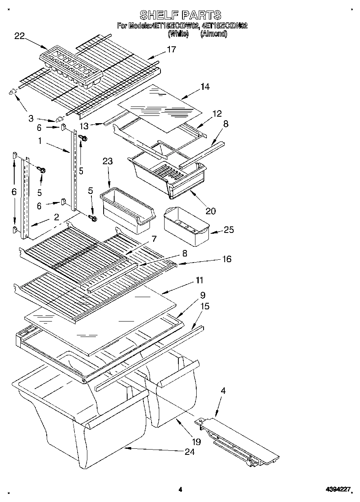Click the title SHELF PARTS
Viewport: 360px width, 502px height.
(180, 15)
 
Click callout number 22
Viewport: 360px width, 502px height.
(20, 36)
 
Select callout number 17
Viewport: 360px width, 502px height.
(171, 49)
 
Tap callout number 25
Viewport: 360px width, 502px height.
(229, 230)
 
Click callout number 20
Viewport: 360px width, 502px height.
(210, 211)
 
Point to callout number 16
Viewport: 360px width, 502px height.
(226, 259)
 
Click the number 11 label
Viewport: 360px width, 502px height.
(199, 280)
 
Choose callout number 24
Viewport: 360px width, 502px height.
(189, 452)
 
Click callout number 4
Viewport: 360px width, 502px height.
(223, 391)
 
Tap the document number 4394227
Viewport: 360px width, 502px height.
(338, 490)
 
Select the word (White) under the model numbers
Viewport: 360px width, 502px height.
(178, 34)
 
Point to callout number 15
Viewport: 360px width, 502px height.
(205, 306)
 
